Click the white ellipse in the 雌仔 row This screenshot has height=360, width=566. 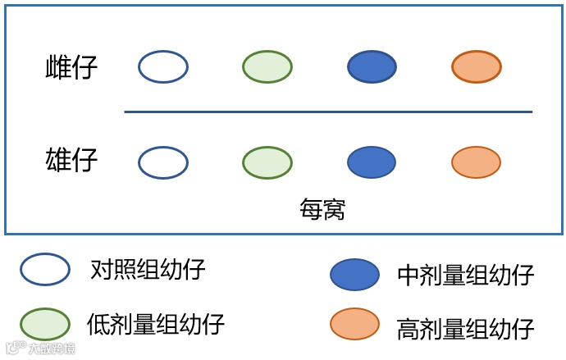tap(163, 67)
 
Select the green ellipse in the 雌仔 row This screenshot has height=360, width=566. tap(267, 67)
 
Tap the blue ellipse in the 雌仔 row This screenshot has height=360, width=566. tap(372, 67)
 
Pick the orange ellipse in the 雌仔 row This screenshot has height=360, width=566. tap(477, 67)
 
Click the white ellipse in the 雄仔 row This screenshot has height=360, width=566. tap(163, 162)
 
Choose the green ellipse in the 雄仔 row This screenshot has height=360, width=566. tap(267, 162)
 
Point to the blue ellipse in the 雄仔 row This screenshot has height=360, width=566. tap(372, 162)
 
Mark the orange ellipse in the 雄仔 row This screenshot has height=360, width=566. tap(477, 162)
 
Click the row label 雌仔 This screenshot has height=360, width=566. tap(71, 67)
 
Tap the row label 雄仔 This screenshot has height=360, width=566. tap(71, 160)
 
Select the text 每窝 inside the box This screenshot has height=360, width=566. tap(322, 209)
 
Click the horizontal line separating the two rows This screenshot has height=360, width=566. tap(328, 112)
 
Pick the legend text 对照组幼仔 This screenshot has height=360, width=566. tap(148, 269)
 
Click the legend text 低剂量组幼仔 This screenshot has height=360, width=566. tap(155, 324)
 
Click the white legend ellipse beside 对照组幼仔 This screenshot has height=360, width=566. tap(45, 269)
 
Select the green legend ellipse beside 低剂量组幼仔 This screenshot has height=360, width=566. tap(45, 324)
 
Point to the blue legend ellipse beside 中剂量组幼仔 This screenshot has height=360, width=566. tap(354, 275)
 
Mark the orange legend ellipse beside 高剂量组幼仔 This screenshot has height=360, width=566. tap(354, 324)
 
